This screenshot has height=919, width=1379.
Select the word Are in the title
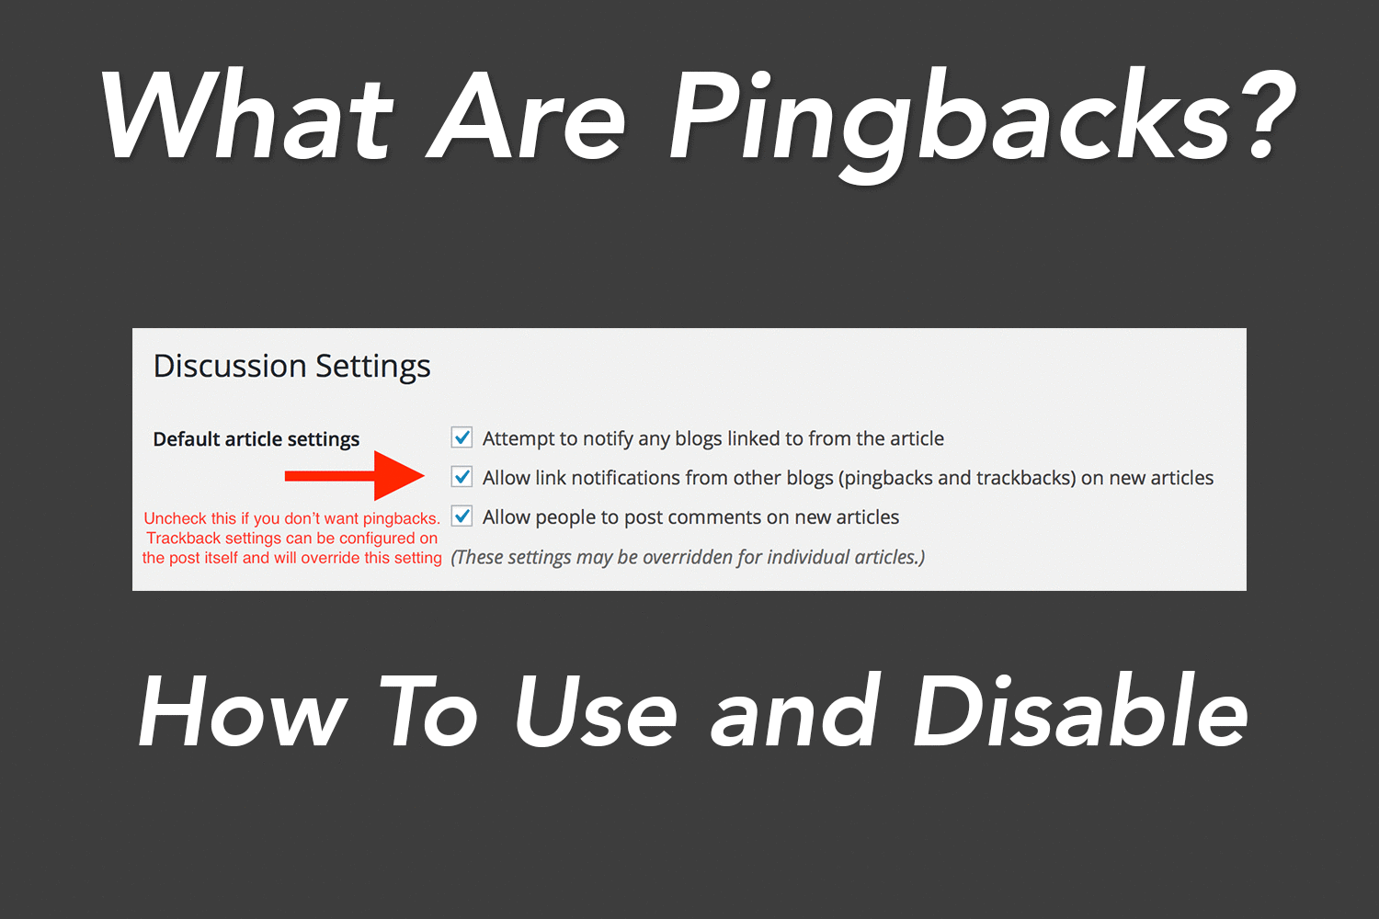point(527,115)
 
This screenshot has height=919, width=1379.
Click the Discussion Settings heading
point(291,367)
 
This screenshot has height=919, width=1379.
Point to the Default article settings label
point(256,439)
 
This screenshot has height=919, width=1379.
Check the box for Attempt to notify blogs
point(462,437)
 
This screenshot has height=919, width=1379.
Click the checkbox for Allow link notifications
point(462,477)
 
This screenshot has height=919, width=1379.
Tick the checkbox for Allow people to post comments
point(462,516)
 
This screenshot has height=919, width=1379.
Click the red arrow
point(355,476)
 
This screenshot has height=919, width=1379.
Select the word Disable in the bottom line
point(1081,711)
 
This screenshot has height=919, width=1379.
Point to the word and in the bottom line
point(795,711)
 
